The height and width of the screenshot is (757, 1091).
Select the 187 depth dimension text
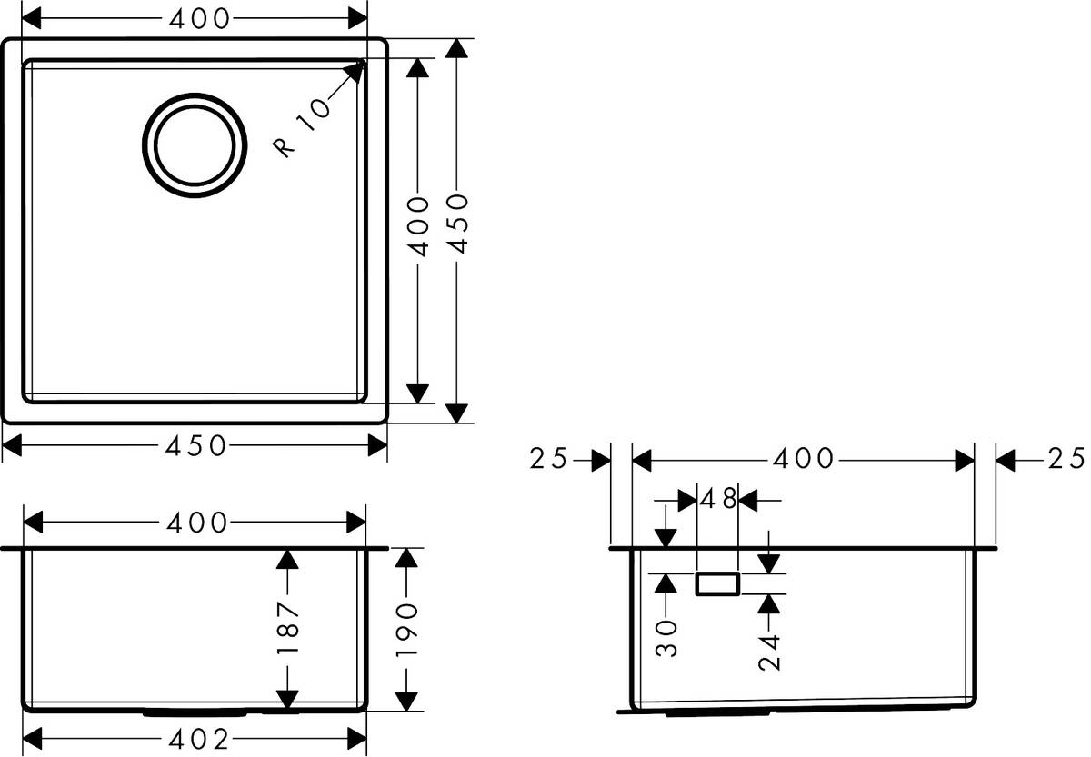click(287, 629)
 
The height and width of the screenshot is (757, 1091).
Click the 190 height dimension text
click(408, 629)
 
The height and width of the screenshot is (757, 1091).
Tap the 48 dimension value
click(717, 499)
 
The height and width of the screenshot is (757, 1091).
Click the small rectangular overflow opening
click(717, 583)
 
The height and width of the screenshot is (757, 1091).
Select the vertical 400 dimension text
click(417, 224)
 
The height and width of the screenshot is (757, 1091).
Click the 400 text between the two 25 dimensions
click(803, 460)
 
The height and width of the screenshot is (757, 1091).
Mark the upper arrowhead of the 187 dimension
click(287, 560)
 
